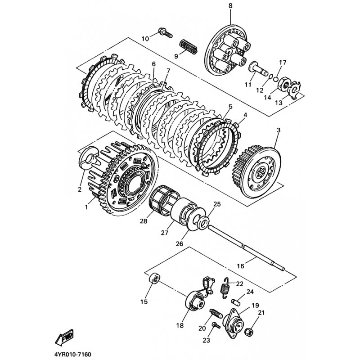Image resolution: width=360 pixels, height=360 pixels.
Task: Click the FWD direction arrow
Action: click(x=64, y=337)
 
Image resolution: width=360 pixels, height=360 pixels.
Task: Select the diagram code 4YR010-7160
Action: click(x=72, y=354)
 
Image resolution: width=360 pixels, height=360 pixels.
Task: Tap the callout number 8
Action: click(x=230, y=6)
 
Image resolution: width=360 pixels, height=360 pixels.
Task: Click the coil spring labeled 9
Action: click(x=188, y=47)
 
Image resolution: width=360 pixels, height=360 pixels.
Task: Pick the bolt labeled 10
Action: click(x=165, y=33)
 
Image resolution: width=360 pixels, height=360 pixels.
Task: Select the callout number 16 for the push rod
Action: click(x=240, y=266)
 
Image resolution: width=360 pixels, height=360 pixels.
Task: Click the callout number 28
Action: click(x=144, y=221)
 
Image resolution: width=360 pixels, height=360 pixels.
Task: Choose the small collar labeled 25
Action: click(x=202, y=222)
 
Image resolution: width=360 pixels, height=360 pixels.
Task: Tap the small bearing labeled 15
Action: click(x=154, y=279)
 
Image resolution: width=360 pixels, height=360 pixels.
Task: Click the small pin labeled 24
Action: click(x=235, y=302)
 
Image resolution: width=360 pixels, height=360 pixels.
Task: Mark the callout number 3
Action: click(x=279, y=130)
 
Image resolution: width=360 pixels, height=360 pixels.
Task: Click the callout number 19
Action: click(x=255, y=306)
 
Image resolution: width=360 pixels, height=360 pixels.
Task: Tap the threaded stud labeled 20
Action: click(x=216, y=313)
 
